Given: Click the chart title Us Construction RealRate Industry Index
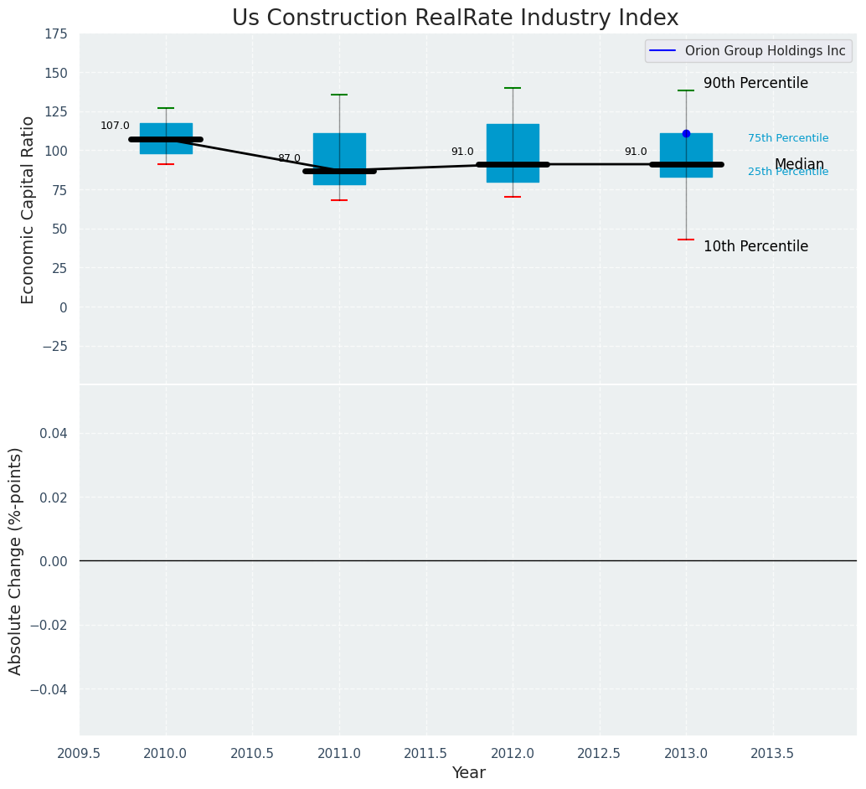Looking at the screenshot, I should (x=455, y=18).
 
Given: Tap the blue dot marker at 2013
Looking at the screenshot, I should (x=686, y=133).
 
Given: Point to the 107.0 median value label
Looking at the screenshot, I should (x=115, y=126).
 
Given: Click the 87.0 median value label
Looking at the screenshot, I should (x=289, y=158).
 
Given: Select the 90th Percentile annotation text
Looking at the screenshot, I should (x=755, y=84).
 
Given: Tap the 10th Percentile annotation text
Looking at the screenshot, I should (x=755, y=247).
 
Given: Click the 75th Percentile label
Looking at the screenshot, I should (x=788, y=138).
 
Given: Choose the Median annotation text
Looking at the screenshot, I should (x=799, y=164).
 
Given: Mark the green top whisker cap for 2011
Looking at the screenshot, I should (x=339, y=95).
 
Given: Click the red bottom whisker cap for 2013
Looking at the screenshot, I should (x=686, y=240).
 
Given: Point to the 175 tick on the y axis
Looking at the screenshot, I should (x=56, y=34).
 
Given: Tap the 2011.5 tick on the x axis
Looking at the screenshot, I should (x=425, y=754).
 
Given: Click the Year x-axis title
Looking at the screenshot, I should (x=468, y=773).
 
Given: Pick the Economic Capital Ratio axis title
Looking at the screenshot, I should (x=28, y=209).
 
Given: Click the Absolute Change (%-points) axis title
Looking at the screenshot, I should (x=16, y=560).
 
